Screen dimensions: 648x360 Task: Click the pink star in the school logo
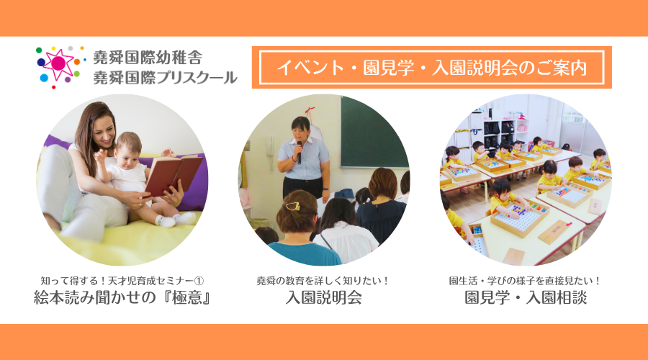click(58, 63)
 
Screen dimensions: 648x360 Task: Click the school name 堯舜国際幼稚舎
click(148, 58)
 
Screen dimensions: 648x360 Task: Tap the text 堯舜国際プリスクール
click(166, 77)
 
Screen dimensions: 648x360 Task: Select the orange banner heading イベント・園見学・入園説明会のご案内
click(432, 68)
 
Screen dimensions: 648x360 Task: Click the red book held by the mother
click(173, 175)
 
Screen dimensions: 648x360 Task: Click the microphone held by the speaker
click(299, 151)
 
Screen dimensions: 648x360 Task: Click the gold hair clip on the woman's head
click(293, 206)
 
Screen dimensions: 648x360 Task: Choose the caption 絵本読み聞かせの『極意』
click(122, 297)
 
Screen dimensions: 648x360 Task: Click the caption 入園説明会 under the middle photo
click(323, 297)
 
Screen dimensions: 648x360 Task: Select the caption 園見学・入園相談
click(526, 297)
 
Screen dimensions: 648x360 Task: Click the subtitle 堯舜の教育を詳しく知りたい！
click(323, 281)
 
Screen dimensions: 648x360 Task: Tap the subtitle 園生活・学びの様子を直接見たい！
click(525, 281)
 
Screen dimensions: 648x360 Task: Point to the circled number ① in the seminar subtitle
click(199, 281)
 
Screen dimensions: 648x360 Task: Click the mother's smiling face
click(103, 130)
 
